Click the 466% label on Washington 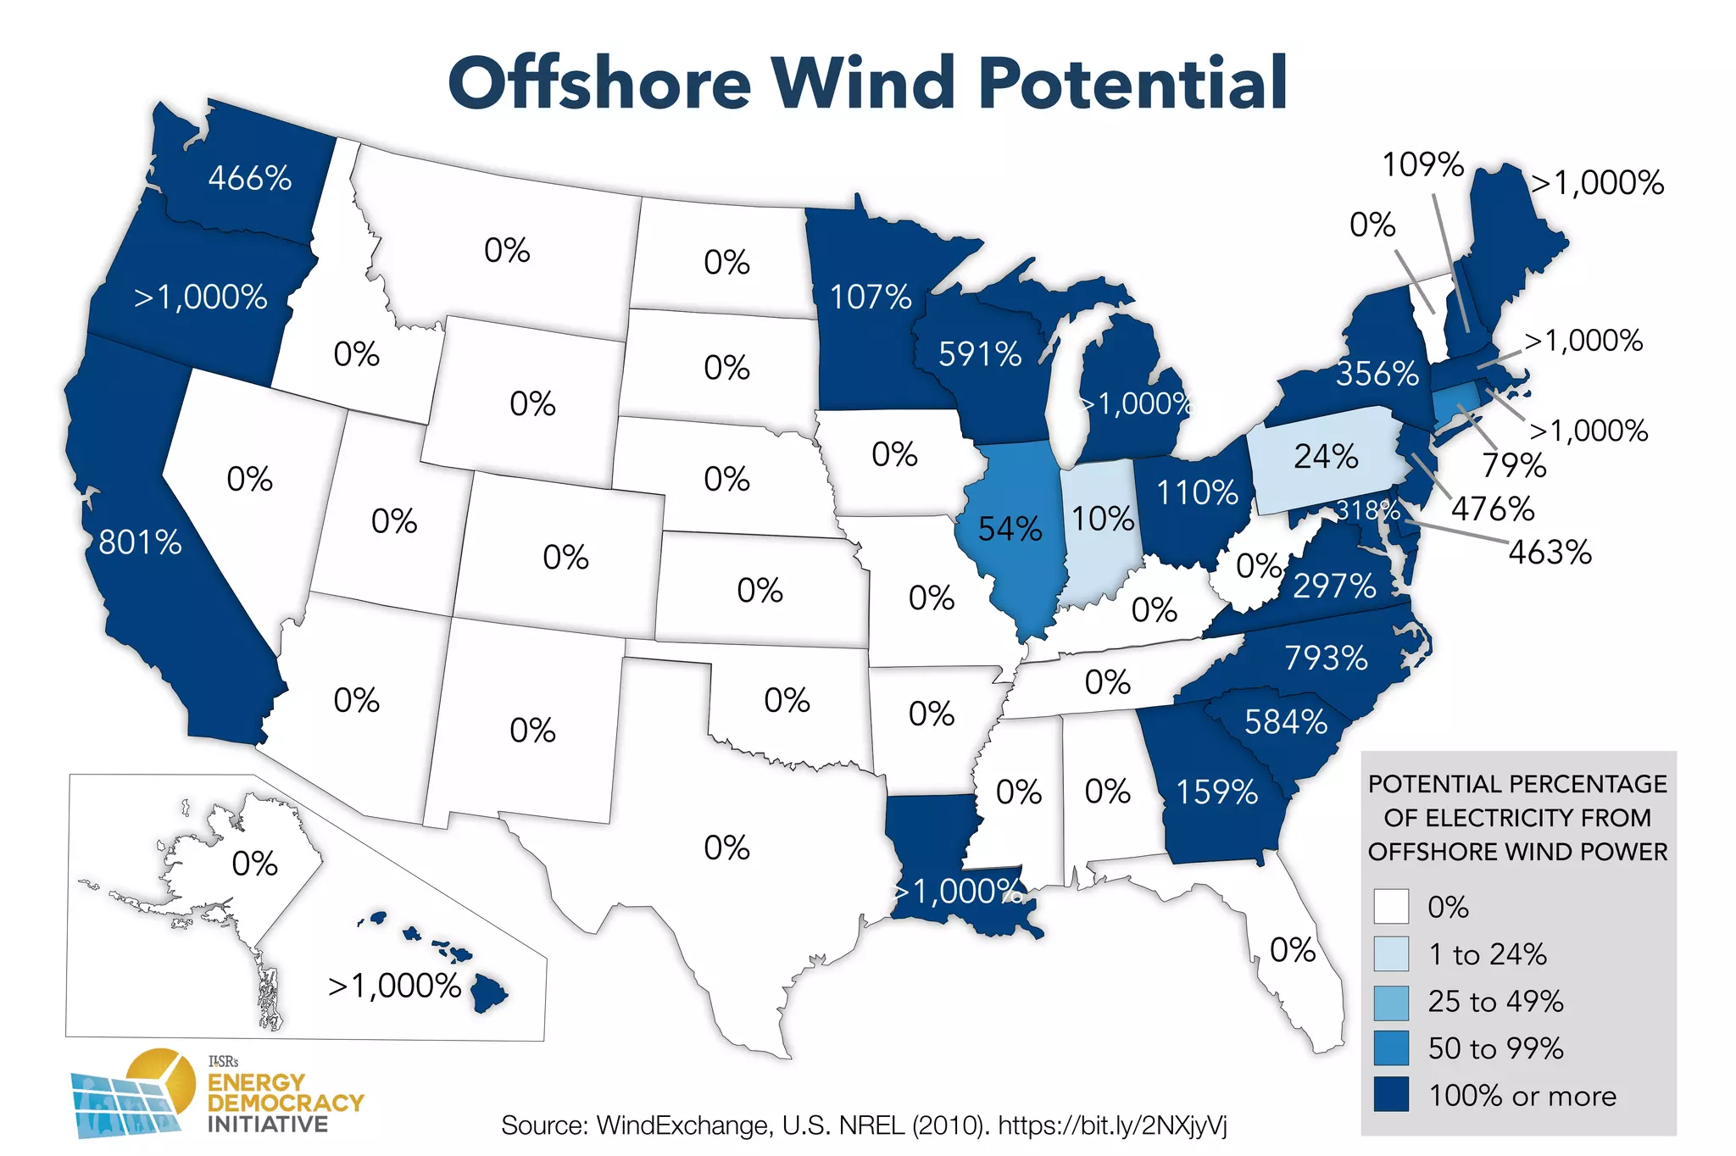click(x=250, y=178)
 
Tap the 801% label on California click(x=140, y=542)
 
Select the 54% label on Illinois click(x=1010, y=529)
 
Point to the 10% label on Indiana click(x=1102, y=519)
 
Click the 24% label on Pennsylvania click(x=1326, y=457)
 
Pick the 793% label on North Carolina click(x=1326, y=658)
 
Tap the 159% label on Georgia click(x=1216, y=792)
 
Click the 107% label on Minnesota click(x=871, y=297)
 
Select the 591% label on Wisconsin click(x=980, y=354)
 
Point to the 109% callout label click(x=1422, y=164)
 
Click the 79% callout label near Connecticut click(x=1514, y=465)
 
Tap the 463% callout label click(x=1550, y=553)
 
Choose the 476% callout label click(x=1493, y=509)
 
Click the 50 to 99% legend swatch click(x=1391, y=1048)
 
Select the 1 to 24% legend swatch click(x=1391, y=954)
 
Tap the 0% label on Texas click(x=726, y=848)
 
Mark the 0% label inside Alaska click(x=254, y=864)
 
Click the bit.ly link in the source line click(x=1112, y=1125)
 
